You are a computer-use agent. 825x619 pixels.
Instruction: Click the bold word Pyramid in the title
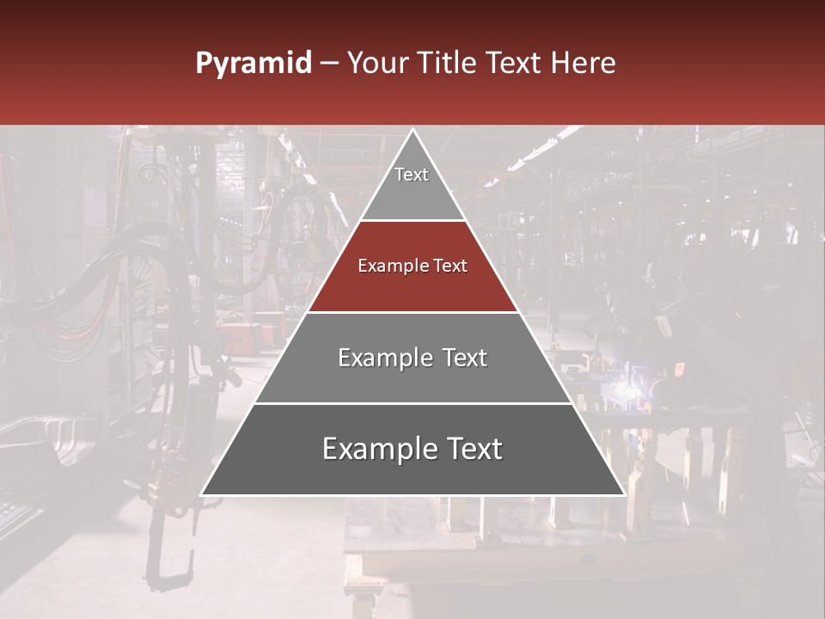coord(253,64)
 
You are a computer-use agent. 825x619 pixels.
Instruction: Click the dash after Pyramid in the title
coord(329,64)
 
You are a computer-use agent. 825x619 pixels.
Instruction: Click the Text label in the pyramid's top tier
coord(412,175)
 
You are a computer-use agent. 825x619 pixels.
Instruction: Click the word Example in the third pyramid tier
coord(382,359)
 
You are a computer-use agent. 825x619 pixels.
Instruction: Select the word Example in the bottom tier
coord(375,449)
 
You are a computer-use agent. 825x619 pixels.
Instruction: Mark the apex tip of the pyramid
coord(412,131)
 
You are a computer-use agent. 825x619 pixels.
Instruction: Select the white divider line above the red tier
coord(412,220)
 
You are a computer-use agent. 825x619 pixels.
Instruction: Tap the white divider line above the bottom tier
coord(412,403)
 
